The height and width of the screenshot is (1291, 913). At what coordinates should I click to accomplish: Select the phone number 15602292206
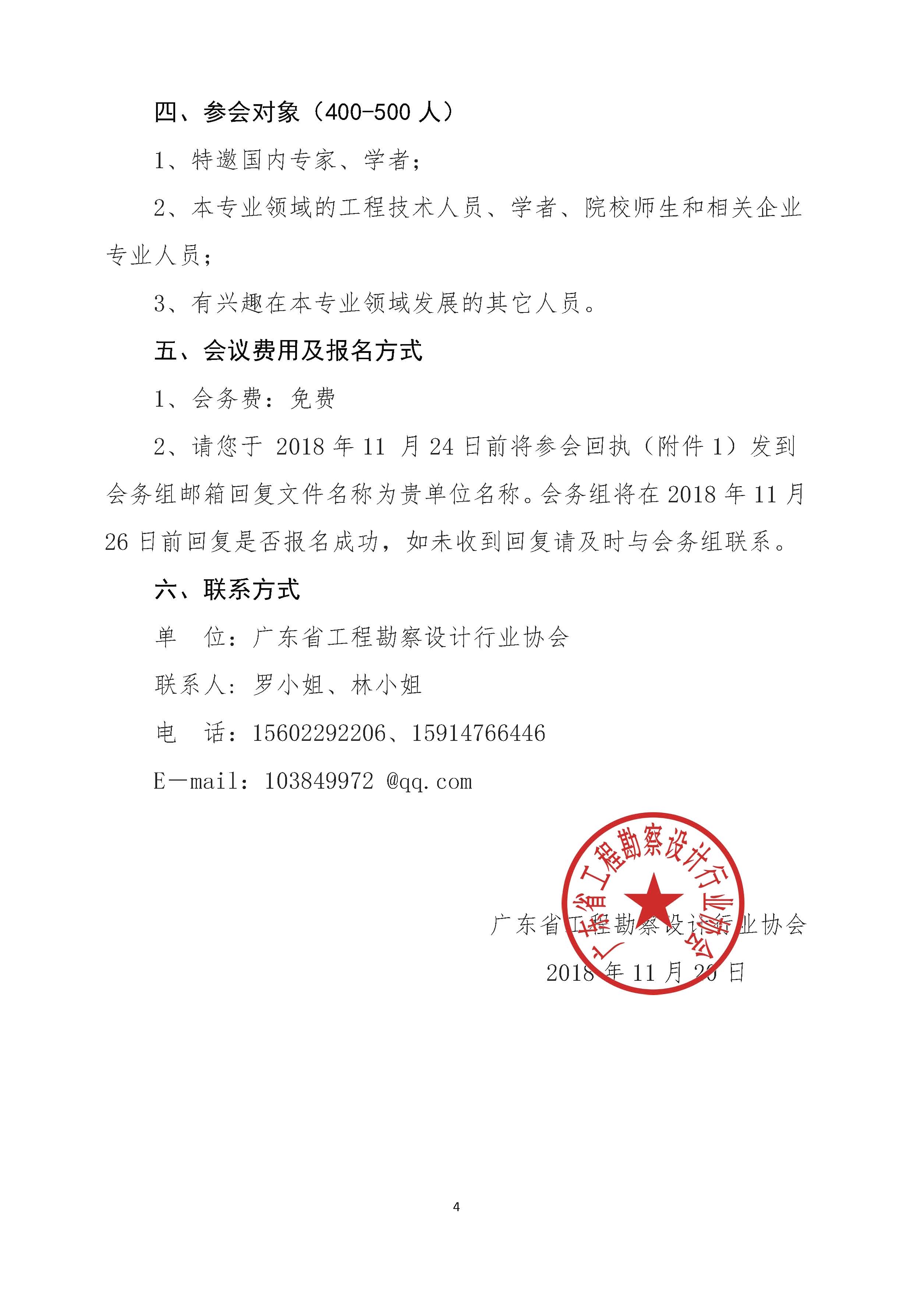point(319,733)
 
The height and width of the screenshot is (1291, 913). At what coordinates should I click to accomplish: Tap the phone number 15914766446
point(478,733)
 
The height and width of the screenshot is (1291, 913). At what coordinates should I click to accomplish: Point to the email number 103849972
point(319,781)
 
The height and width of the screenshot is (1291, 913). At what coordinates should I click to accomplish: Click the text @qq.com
point(429,781)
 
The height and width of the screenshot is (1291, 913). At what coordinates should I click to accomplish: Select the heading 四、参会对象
point(227,113)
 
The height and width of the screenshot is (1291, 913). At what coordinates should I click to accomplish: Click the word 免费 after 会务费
point(312,399)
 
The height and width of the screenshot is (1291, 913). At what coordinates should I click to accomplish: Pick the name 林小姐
point(386,685)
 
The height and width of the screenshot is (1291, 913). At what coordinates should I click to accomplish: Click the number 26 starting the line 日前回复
point(116,542)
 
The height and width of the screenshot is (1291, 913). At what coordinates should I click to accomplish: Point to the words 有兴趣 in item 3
point(228,304)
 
